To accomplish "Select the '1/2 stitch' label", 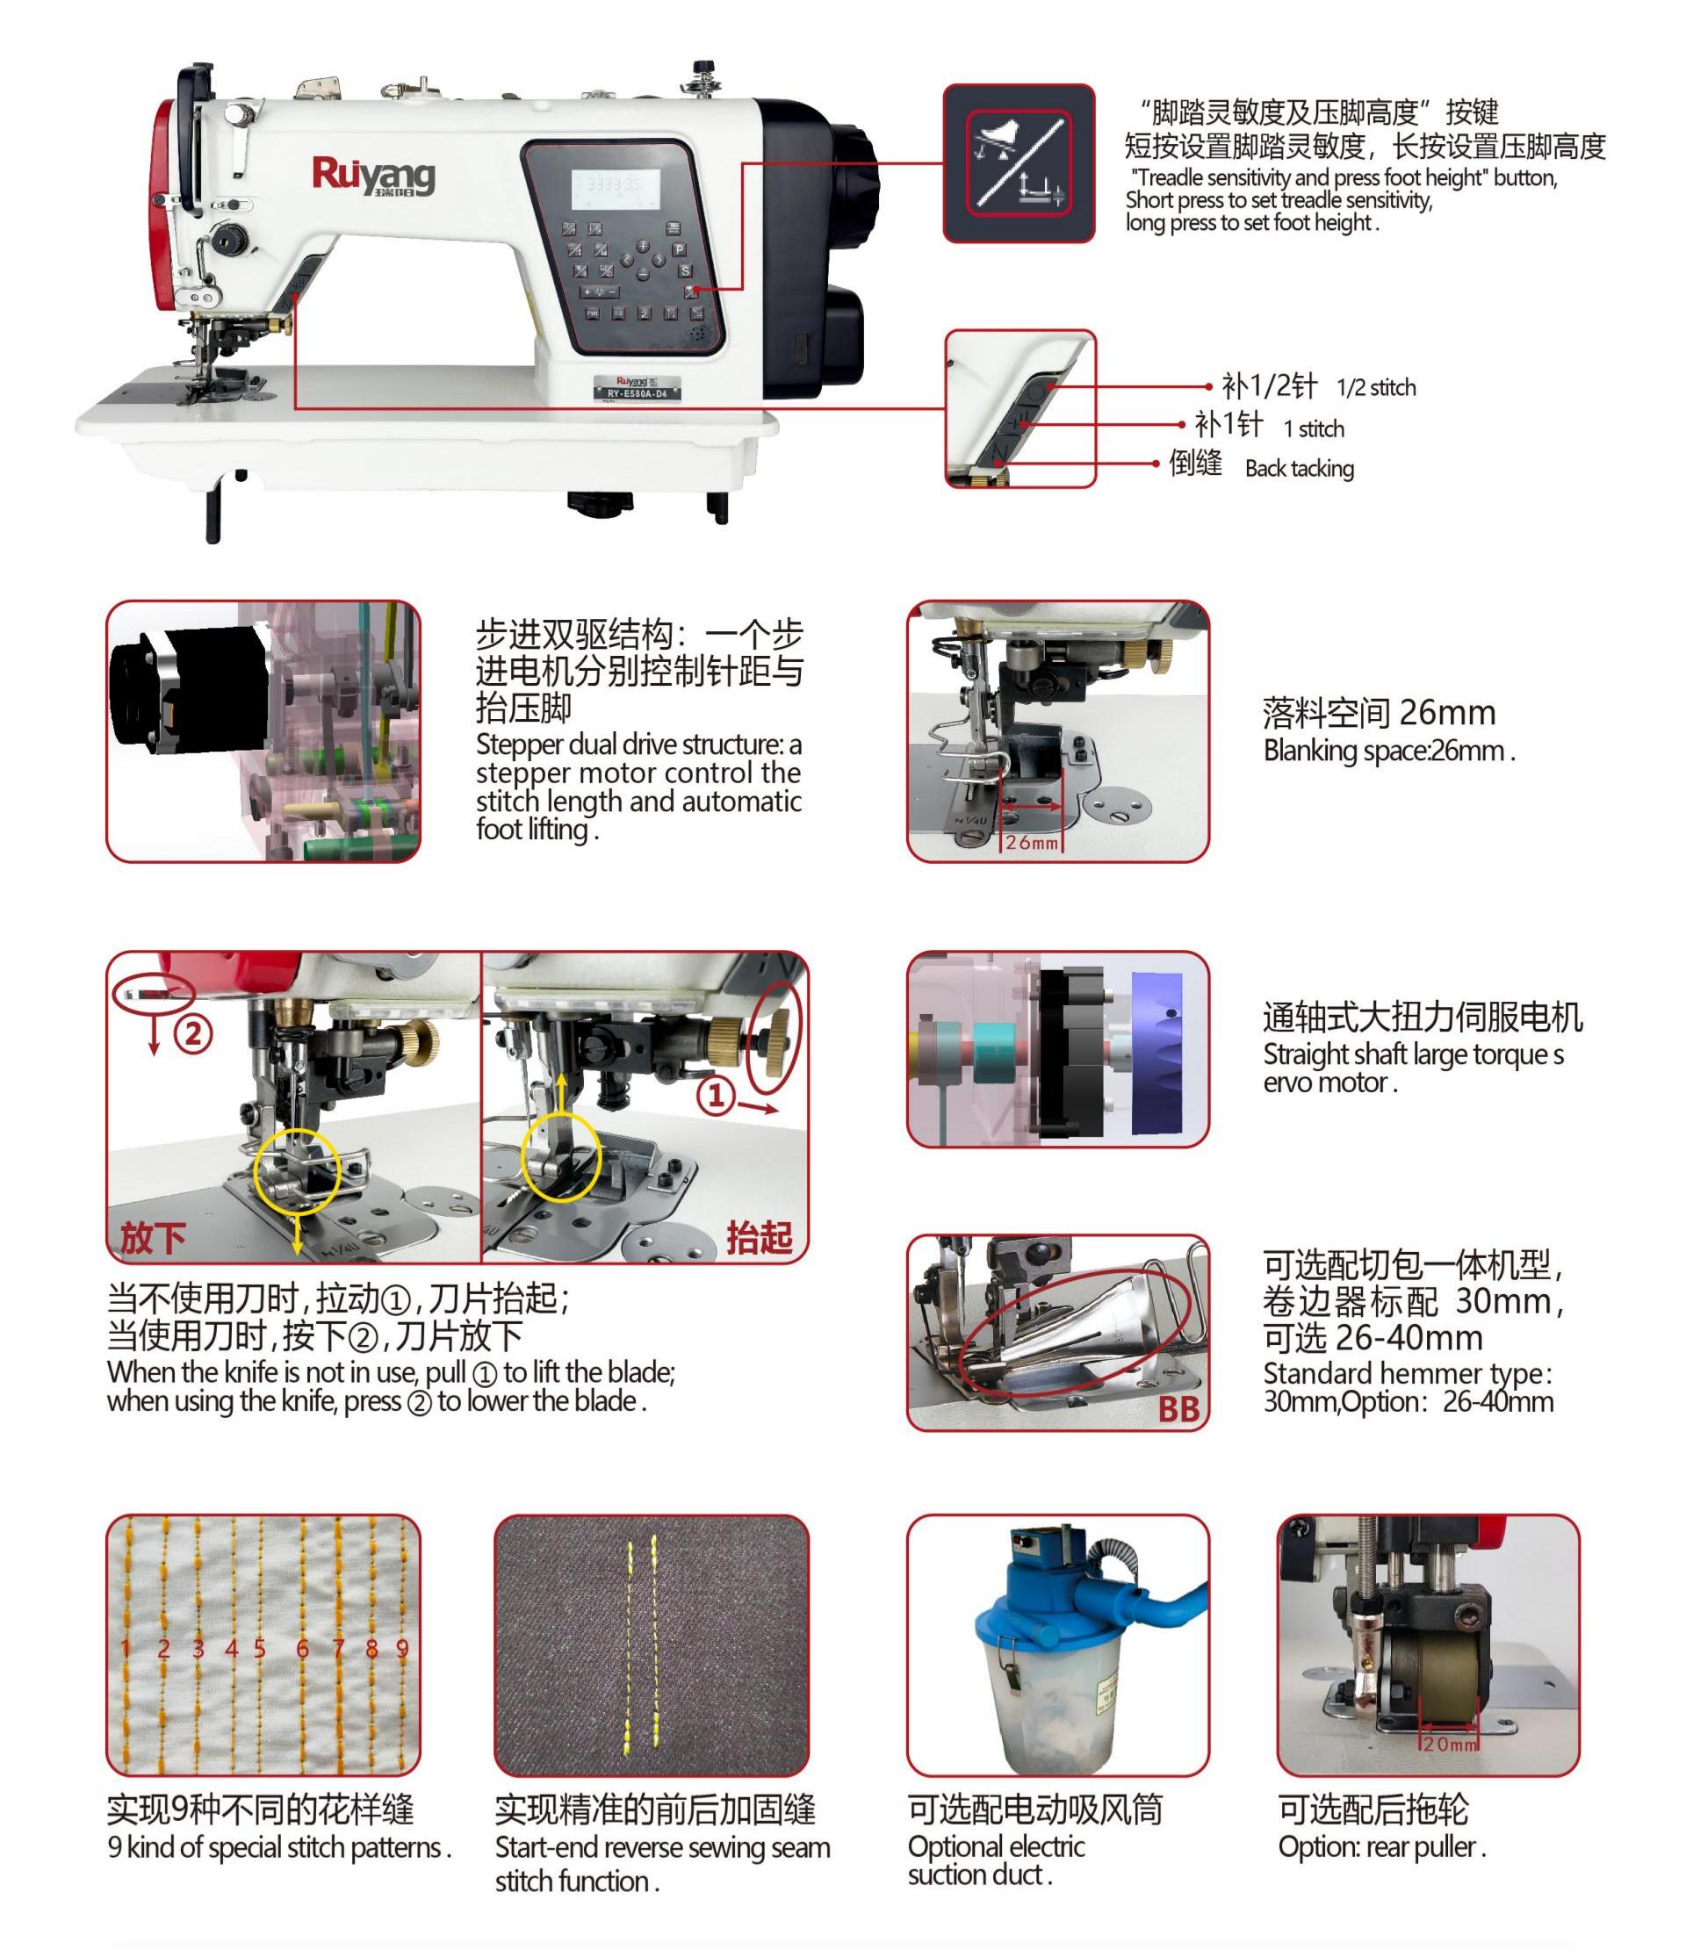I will [x=1375, y=388].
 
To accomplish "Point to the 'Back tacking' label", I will [x=1299, y=469].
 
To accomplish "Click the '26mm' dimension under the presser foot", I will [x=1032, y=842].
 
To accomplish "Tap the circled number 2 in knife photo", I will [x=193, y=1034].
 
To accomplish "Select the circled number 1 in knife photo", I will [x=716, y=1095].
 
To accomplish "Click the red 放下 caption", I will [x=153, y=1239].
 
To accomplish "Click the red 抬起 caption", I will [x=758, y=1239].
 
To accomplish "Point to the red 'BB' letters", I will [x=1178, y=1409].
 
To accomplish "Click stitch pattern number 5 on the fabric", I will [x=260, y=1649].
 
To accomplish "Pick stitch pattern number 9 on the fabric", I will [x=402, y=1649].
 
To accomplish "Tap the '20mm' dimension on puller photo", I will [x=1450, y=1744].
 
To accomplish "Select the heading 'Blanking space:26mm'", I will [x=1388, y=751].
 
